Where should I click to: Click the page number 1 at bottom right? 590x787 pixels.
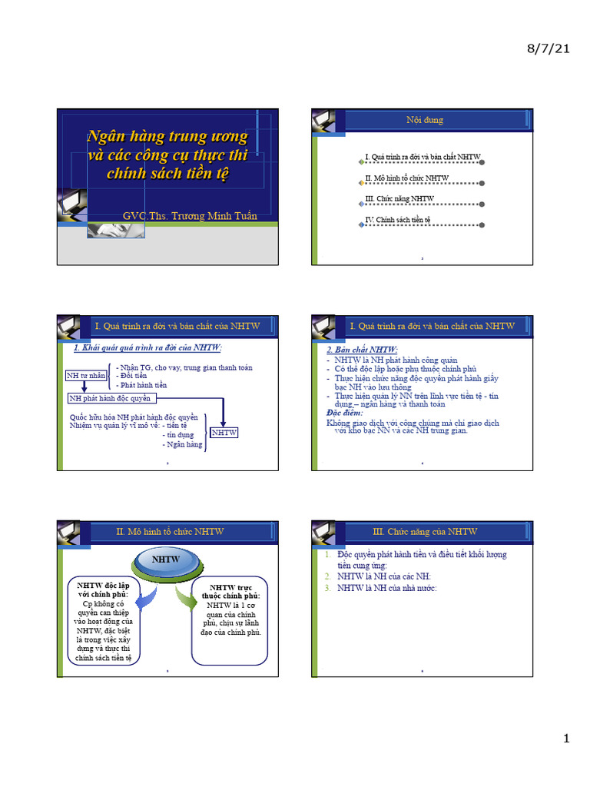566,739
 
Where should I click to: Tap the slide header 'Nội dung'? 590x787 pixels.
424,120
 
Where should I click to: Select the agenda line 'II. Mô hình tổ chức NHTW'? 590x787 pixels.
407,178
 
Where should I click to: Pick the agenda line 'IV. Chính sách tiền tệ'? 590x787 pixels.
398,220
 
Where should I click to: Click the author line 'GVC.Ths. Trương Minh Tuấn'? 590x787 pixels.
190,216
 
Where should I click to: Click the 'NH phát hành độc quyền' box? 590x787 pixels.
111,398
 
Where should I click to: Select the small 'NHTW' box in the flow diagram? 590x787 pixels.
224,433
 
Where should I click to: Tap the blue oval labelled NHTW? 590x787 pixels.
165,560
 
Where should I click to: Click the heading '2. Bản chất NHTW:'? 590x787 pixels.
363,350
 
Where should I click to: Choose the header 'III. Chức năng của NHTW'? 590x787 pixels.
424,531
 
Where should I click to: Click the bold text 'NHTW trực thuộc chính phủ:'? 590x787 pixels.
230,592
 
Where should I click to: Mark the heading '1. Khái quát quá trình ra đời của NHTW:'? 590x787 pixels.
147,348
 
